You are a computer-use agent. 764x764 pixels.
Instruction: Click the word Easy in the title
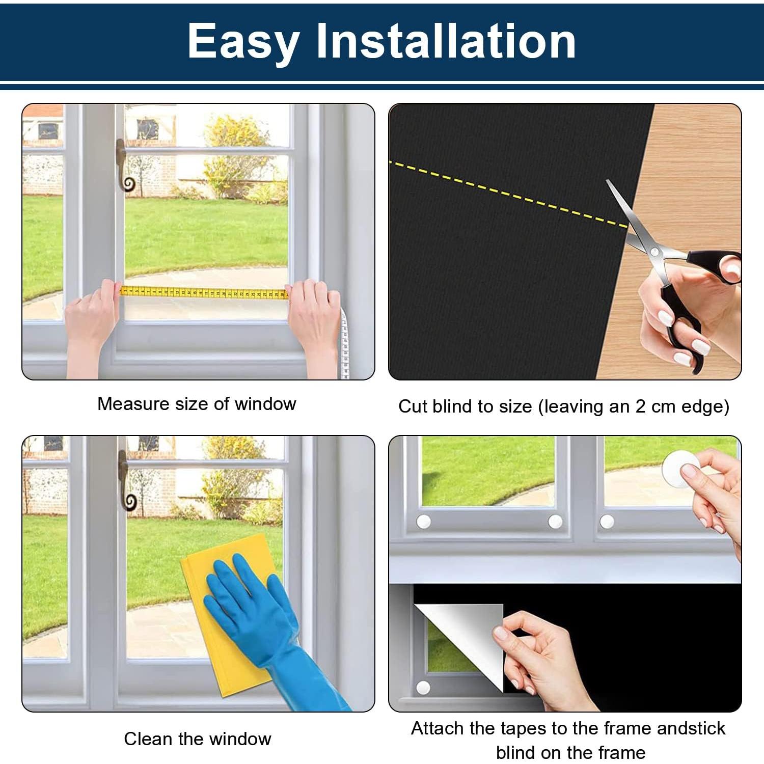coord(243,42)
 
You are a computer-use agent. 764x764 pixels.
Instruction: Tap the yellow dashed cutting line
coord(509,194)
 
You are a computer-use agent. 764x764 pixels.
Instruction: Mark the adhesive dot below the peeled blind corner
coord(423,688)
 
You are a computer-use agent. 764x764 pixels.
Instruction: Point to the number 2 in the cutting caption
coord(641,406)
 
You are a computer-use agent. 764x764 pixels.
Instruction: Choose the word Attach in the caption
coord(438,728)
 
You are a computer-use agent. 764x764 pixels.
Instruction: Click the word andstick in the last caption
coord(691,728)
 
